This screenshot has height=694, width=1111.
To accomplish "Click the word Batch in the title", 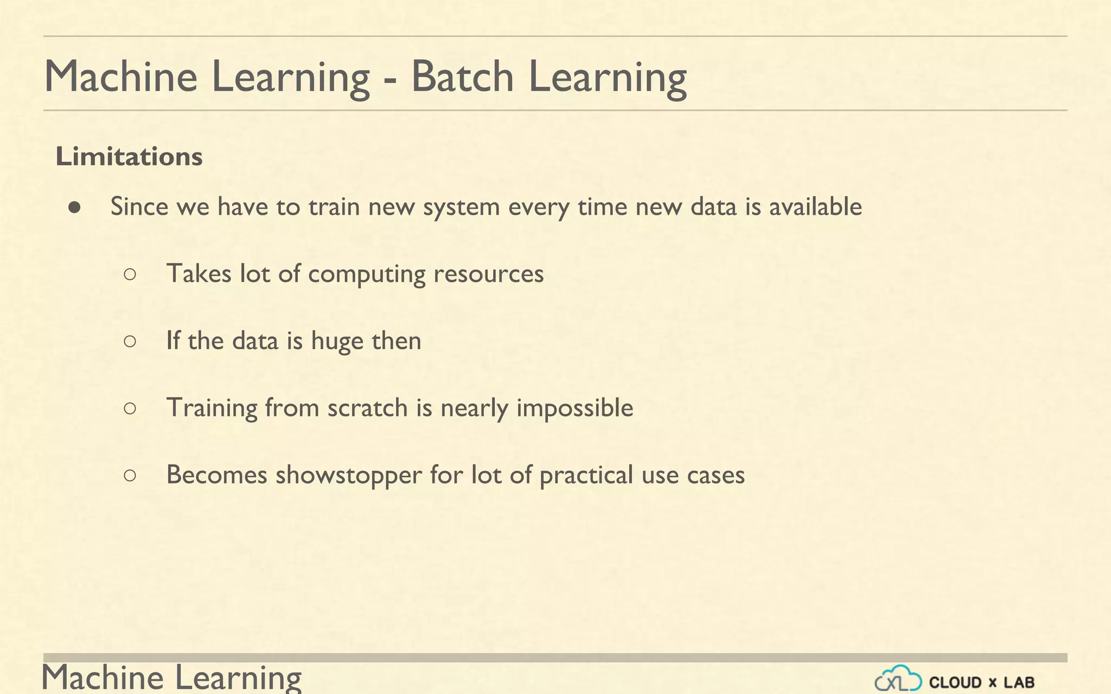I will (462, 76).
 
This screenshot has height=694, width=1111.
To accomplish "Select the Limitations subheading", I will (129, 157).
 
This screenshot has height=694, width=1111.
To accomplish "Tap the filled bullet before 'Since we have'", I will (75, 207).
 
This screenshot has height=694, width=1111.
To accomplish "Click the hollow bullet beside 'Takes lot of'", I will (130, 274).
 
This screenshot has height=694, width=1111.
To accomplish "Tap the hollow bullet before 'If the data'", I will (130, 341).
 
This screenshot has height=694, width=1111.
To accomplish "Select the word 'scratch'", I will (367, 408).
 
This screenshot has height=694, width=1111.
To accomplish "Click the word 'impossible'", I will (574, 408).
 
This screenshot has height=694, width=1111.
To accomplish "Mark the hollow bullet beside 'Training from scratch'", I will (130, 408).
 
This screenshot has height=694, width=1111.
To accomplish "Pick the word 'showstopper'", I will (349, 475).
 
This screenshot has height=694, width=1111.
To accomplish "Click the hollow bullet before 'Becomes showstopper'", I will (130, 475).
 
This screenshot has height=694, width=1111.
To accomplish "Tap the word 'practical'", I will (586, 475).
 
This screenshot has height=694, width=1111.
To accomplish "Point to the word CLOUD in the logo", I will (955, 682).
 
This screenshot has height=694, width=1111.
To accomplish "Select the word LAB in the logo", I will (1019, 682).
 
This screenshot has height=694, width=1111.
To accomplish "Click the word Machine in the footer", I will (103, 678).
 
